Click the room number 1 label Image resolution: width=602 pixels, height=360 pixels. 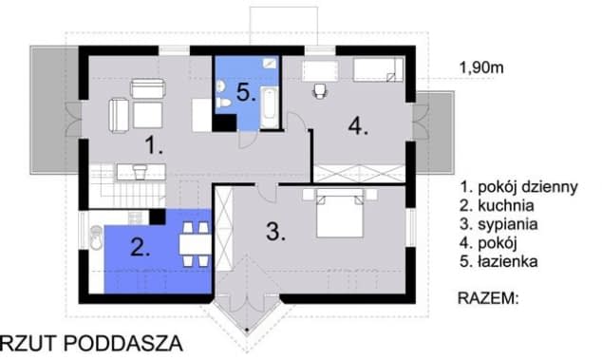(x=153, y=145)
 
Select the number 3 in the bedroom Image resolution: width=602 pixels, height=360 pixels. (x=275, y=231)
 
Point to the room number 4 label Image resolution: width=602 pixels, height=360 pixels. (x=358, y=125)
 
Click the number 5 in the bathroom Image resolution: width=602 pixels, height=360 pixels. (x=246, y=92)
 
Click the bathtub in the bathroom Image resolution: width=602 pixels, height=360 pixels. (x=270, y=107)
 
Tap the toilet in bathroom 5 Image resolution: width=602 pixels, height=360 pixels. (x=223, y=103)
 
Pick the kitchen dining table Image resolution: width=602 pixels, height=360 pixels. (x=195, y=244)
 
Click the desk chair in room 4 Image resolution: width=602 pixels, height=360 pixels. (x=319, y=91)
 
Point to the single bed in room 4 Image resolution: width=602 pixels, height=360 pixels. (x=378, y=69)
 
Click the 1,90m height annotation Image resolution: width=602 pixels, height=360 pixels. (x=481, y=68)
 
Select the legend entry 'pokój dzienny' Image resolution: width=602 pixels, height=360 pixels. (x=519, y=187)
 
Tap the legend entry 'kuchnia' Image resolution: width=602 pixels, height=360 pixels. (x=497, y=205)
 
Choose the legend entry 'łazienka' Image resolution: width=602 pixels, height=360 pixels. (x=499, y=261)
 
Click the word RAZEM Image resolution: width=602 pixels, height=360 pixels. (x=488, y=298)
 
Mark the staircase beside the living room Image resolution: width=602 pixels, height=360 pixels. (x=127, y=186)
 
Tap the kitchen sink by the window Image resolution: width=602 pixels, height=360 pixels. (x=96, y=237)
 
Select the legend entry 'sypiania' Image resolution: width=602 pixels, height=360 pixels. (x=499, y=224)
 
